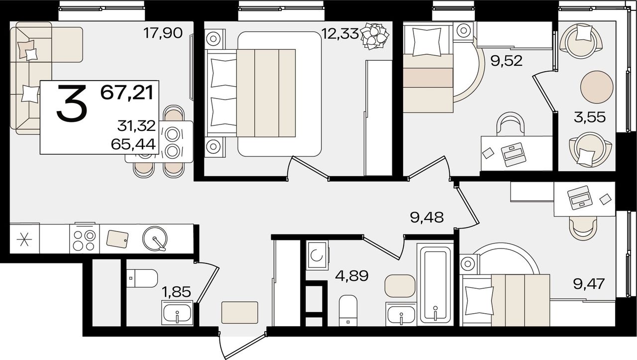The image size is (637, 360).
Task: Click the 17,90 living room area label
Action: [163, 33]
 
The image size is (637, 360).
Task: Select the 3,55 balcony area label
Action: [590, 117]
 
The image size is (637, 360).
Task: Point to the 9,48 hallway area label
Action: [426, 218]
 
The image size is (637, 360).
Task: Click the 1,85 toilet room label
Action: [176, 292]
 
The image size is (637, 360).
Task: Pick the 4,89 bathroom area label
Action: [352, 275]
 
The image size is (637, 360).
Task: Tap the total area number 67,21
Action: [127, 93]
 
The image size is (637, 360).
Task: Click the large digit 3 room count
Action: [71, 104]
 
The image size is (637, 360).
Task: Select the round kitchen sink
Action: [155, 239]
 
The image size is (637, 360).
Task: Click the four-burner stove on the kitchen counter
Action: [85, 239]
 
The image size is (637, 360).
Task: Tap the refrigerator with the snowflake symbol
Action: [24, 239]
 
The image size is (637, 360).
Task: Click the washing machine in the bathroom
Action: [317, 255]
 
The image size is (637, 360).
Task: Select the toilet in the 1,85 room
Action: [142, 278]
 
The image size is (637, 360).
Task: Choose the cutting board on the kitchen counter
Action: [117, 238]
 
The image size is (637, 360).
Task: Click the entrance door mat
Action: [240, 313]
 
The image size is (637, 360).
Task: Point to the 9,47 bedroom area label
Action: [589, 284]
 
